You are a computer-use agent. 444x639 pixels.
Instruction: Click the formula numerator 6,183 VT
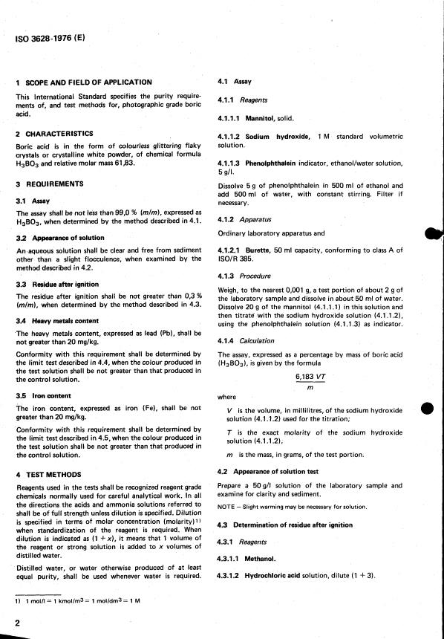(312, 375)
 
